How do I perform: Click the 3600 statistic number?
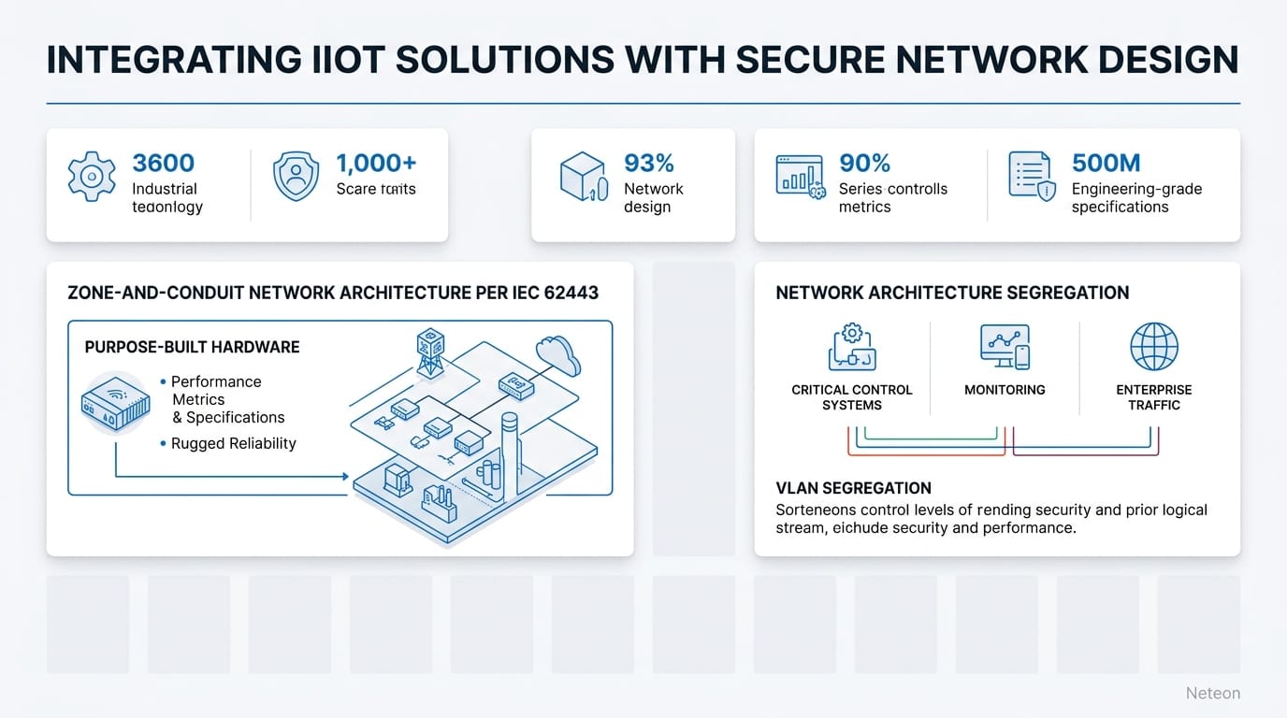coord(164,164)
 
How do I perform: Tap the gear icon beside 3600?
coord(92,177)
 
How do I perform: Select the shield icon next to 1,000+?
coord(296,177)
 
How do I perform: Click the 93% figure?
coord(649,164)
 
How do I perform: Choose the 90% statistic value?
coord(864,164)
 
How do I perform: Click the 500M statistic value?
coord(1106,164)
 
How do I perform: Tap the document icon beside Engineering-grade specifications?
coord(1032,176)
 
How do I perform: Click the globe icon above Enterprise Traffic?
coord(1154,347)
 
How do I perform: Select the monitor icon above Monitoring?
coord(1005,347)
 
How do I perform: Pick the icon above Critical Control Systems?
coord(851,347)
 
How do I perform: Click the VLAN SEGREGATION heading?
coord(853,488)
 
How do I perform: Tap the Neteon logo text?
coord(1212,693)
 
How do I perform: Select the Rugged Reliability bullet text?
coord(233,443)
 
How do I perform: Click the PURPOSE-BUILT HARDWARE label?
coord(192,347)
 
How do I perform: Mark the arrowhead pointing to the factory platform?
coord(343,477)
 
